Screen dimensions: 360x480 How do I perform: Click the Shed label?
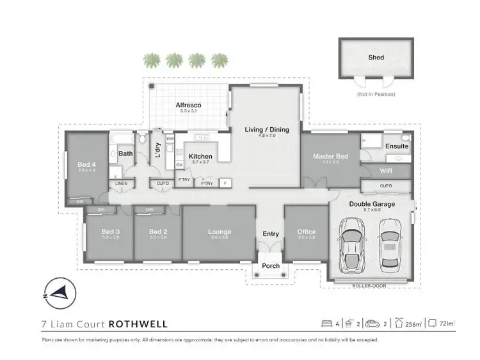pos(376,58)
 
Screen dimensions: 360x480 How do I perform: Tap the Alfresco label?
pos(189,104)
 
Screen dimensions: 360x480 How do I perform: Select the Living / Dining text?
pos(267,130)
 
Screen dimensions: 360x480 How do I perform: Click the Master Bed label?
pos(330,157)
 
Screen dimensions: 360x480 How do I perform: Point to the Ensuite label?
pos(397,146)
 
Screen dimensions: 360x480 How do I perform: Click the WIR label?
pos(385,171)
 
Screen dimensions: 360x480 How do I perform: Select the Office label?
pos(307,231)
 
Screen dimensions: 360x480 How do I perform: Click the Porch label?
pos(271,265)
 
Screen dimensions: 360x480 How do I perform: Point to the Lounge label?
pos(220,231)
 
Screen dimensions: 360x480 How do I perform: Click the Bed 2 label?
pos(157,231)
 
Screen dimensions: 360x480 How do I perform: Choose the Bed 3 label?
pos(110,231)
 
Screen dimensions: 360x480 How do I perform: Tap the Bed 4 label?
pos(86,164)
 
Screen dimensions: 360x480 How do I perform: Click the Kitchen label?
pos(200,156)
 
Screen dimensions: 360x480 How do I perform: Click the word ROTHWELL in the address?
pos(138,324)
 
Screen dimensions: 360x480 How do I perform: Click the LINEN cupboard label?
pos(121,184)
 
